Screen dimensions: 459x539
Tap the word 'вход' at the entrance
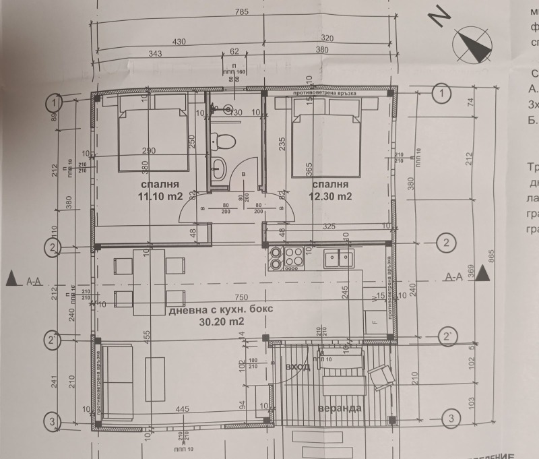click(297, 367)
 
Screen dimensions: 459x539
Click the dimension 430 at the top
click(179, 42)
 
